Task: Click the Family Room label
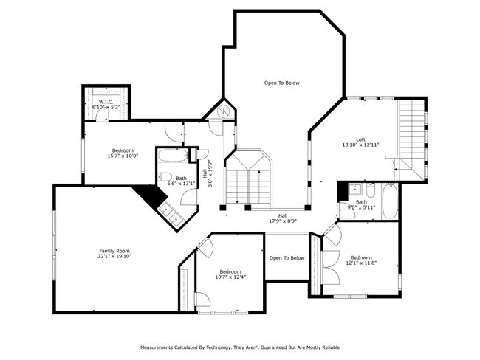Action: pos(114,251)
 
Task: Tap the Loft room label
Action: pos(360,139)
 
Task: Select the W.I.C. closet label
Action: pos(106,102)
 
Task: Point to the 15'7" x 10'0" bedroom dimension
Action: pos(123,156)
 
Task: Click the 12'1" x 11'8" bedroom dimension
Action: pos(361,263)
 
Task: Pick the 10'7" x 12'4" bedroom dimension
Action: pos(230,277)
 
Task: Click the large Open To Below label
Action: pos(281,83)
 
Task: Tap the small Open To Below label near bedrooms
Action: pos(287,258)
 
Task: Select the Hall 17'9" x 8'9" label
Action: pos(283,218)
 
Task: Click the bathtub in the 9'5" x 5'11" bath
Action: pos(390,201)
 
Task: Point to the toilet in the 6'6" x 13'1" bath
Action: pos(165,177)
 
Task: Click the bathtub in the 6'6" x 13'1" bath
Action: pos(173,156)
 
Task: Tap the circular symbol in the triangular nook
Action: pos(223,111)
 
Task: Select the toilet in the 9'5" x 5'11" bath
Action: pos(371,190)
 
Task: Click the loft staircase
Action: pos(411,140)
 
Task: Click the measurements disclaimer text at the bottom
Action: pos(240,347)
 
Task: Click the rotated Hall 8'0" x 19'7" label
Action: pos(208,174)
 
